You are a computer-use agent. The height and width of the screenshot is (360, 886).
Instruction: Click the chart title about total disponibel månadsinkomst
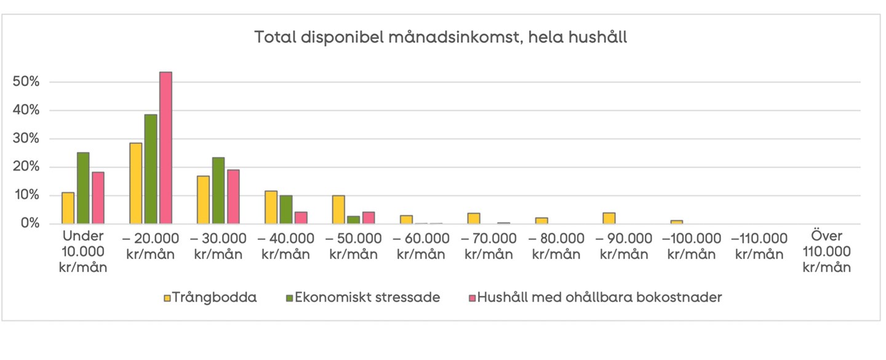coord(441,38)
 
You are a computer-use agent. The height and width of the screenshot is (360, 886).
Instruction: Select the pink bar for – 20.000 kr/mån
coord(166,148)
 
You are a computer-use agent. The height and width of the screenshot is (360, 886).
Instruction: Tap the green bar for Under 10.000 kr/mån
coord(83,188)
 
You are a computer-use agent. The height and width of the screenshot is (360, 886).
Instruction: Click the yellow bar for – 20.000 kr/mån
coord(135,183)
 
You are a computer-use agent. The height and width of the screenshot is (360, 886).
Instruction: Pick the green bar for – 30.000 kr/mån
coord(218,190)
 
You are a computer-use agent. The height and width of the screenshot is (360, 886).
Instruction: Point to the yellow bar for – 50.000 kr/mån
coord(338,209)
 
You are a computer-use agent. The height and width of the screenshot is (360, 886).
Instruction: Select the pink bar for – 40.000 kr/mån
coord(301,218)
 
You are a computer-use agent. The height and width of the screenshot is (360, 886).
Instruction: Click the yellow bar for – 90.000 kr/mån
coord(609,218)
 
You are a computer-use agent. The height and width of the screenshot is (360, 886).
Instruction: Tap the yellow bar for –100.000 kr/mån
coord(677,222)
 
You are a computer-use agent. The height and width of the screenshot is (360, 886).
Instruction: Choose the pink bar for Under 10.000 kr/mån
coord(98,198)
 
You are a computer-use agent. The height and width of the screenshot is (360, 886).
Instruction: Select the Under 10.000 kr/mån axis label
coord(83,252)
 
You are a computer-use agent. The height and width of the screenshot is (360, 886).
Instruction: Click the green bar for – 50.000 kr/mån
coord(354,220)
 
